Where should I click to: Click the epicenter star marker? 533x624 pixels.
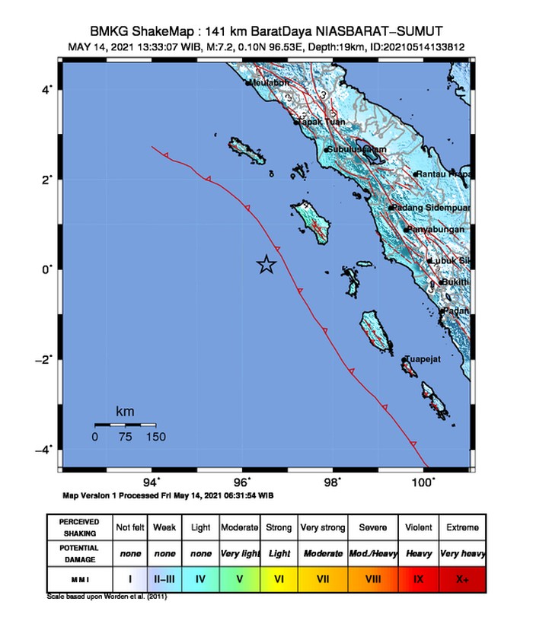(266, 264)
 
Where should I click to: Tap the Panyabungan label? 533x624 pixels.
(438, 229)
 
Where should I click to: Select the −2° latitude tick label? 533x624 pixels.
(44, 359)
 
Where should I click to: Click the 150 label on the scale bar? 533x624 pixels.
(155, 437)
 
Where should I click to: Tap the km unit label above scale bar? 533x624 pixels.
(125, 412)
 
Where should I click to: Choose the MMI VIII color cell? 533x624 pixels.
(373, 579)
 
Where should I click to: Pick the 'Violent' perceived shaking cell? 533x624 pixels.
(418, 527)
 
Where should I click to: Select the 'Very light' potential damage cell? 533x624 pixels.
(239, 553)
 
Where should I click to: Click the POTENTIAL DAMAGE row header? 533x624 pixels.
(79, 553)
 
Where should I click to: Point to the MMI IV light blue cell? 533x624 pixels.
(201, 579)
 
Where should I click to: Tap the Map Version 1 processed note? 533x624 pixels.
(168, 495)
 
